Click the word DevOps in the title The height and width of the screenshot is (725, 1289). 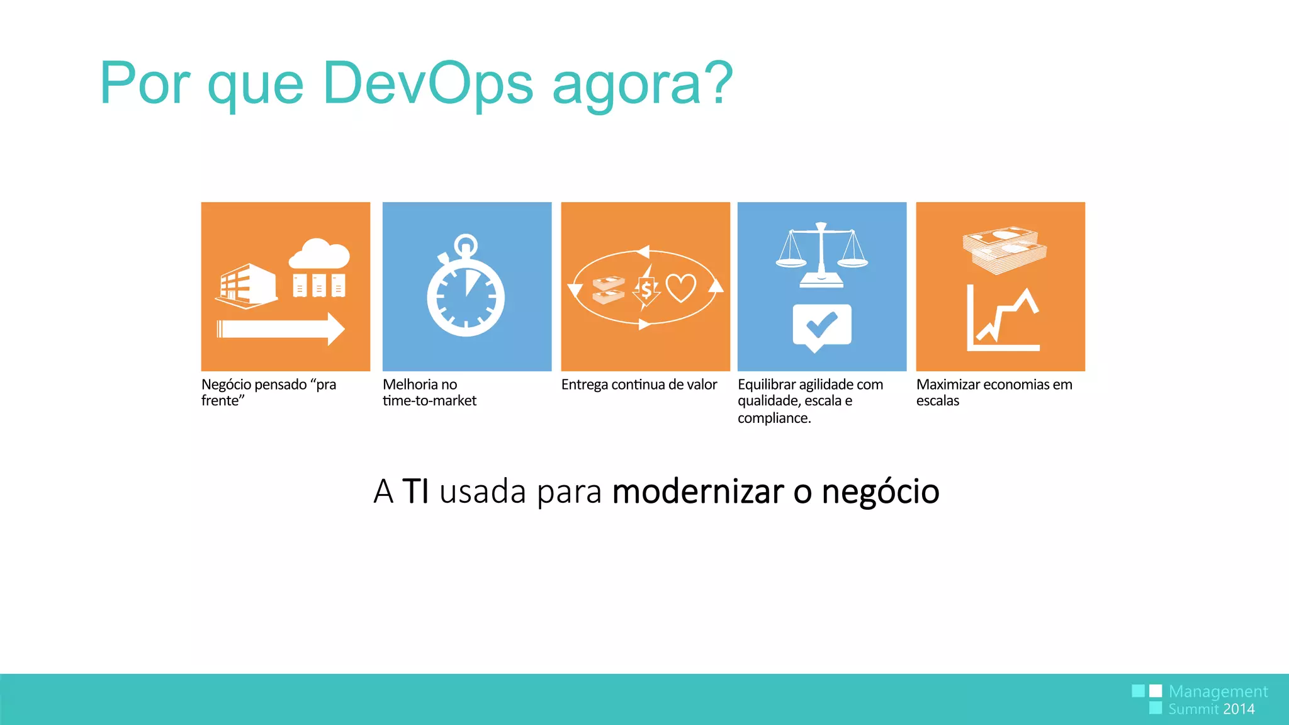(x=428, y=83)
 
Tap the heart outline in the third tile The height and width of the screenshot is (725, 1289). (x=681, y=288)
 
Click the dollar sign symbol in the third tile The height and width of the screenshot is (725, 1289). (x=646, y=290)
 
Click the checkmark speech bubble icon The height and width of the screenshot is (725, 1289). (x=822, y=327)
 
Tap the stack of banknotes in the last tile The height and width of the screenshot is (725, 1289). (x=1004, y=250)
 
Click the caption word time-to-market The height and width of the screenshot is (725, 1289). (x=429, y=401)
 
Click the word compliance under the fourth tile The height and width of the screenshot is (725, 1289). (x=774, y=418)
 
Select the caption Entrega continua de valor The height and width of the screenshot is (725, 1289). (x=639, y=385)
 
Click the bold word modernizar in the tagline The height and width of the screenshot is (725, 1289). (x=698, y=492)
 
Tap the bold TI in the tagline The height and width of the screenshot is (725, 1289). (x=415, y=492)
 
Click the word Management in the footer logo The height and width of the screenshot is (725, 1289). (x=1218, y=692)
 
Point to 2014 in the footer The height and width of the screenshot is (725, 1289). (x=1239, y=709)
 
